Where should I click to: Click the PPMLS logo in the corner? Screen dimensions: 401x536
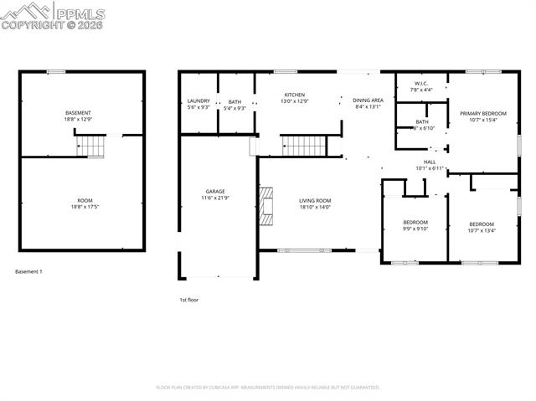pyautogui.click(x=52, y=16)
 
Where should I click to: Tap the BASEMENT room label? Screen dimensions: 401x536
pyautogui.click(x=78, y=116)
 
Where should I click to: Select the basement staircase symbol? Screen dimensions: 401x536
pyautogui.click(x=93, y=147)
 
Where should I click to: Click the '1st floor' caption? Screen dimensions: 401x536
pyautogui.click(x=188, y=299)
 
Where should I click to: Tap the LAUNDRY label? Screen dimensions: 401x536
pyautogui.click(x=198, y=104)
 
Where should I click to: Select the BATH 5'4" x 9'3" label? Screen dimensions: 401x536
pyautogui.click(x=234, y=105)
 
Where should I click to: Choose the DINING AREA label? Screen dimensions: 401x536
pyautogui.click(x=368, y=103)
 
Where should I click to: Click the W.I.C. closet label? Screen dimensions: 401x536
pyautogui.click(x=421, y=86)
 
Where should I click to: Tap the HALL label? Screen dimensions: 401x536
pyautogui.click(x=430, y=165)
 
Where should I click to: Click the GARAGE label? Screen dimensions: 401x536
pyautogui.click(x=215, y=194)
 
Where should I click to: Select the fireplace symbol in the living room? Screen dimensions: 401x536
pyautogui.click(x=266, y=207)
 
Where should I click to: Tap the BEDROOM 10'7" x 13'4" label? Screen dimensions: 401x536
pyautogui.click(x=482, y=227)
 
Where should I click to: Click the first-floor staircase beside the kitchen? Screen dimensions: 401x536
pyautogui.click(x=301, y=147)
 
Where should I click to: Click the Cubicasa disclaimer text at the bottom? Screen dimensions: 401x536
pyautogui.click(x=268, y=388)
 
